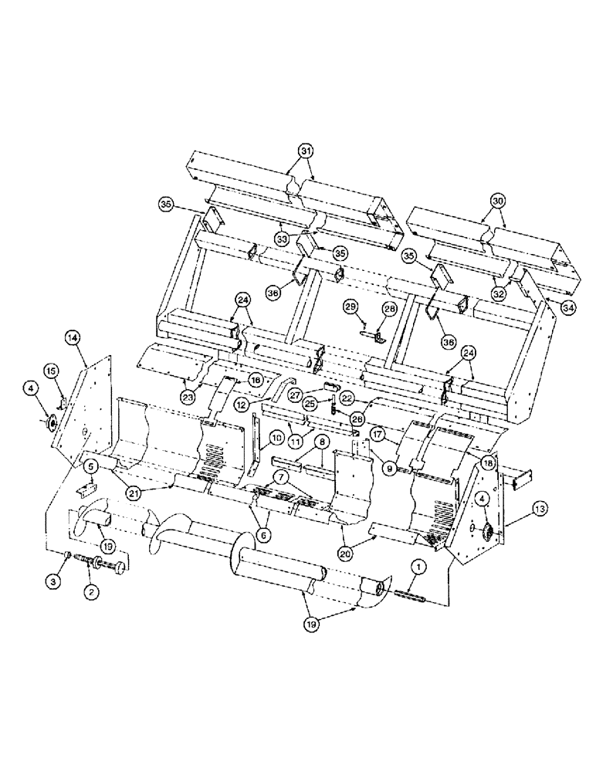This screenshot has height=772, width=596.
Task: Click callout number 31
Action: coord(307,150)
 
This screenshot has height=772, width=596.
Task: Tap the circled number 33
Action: coord(283,239)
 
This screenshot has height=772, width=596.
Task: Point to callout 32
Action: coord(497,295)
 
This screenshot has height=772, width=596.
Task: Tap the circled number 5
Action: coord(90,466)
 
